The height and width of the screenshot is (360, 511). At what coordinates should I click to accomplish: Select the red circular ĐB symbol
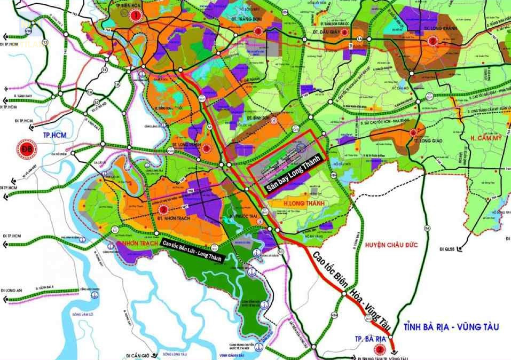pos(25,147)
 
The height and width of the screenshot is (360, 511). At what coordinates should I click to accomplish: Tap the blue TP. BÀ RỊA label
pos(369,339)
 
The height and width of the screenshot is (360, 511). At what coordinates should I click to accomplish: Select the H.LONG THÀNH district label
pos(294,203)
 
